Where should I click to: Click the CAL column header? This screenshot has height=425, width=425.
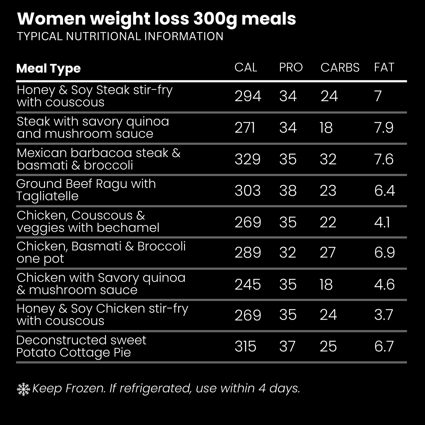click(246, 67)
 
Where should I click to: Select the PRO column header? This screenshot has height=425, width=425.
click(291, 67)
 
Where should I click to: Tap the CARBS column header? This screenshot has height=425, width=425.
click(340, 67)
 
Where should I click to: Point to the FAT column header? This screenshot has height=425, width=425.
click(384, 67)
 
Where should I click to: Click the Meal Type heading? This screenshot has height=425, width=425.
click(49, 69)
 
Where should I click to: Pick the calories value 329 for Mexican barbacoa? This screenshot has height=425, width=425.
click(247, 159)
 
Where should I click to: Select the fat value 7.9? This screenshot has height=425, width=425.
click(384, 128)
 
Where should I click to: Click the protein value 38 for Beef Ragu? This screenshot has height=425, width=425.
click(288, 191)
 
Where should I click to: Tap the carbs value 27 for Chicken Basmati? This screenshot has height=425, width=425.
click(328, 253)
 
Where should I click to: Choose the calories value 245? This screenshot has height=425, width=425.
click(247, 284)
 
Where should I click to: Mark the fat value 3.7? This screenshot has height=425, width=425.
click(384, 315)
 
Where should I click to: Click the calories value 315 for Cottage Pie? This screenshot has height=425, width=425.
click(245, 346)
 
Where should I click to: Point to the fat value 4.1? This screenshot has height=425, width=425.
click(382, 222)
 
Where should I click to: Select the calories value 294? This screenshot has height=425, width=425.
click(248, 96)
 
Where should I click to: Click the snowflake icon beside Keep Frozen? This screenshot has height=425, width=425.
click(24, 389)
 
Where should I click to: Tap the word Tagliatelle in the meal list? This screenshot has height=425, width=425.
click(47, 196)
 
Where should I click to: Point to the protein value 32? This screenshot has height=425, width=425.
click(287, 253)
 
